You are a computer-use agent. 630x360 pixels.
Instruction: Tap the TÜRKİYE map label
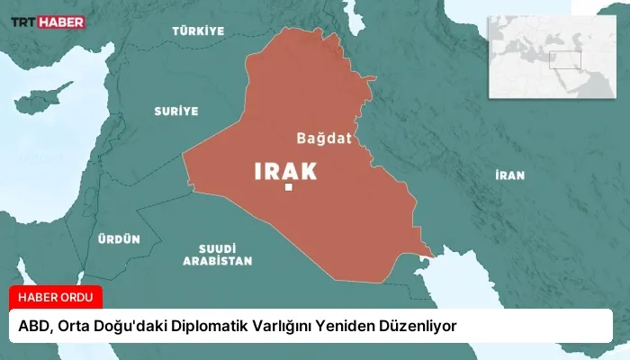pos(198,31)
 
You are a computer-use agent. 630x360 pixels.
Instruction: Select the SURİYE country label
pos(175,111)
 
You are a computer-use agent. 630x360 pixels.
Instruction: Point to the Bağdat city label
pos(323,138)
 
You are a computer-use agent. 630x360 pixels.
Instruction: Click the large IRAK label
pos(287,170)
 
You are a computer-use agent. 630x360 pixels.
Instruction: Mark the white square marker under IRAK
pos(288,188)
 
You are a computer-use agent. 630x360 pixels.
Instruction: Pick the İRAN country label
pos(509,175)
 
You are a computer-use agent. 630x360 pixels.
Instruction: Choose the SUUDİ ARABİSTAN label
pos(217,254)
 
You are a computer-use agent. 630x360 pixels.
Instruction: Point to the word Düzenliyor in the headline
pos(427,325)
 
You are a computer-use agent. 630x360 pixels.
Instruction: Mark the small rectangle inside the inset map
pos(566,60)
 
